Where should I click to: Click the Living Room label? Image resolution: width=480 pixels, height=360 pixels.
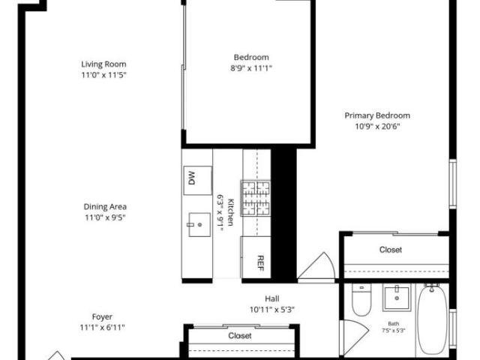point(103,64)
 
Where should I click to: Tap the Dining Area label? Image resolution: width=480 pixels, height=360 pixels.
point(105,207)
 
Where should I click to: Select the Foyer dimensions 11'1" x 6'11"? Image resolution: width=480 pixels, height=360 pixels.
point(102,328)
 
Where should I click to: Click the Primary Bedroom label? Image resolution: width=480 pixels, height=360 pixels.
point(377,115)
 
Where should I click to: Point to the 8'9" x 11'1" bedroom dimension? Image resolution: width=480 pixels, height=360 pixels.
point(251,68)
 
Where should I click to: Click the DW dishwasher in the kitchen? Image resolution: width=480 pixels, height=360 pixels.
point(198,180)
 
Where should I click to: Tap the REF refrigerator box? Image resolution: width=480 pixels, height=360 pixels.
point(256,257)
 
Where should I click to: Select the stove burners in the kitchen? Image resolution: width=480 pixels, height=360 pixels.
point(256,198)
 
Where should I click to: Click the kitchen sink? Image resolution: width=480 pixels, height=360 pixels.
point(199,225)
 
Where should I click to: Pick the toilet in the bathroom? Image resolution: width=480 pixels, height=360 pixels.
point(361,299)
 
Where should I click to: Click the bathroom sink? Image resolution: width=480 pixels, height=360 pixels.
point(397,298)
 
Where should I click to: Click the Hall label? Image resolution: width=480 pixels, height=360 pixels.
point(271,298)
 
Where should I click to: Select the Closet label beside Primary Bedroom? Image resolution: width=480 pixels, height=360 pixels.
point(391,250)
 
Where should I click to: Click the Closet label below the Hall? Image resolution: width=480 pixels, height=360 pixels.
point(240,336)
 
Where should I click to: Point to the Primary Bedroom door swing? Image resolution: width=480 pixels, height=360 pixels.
point(316,265)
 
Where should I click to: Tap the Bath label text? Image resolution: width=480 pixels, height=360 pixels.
point(393,323)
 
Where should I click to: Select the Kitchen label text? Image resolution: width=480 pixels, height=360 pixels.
point(230,212)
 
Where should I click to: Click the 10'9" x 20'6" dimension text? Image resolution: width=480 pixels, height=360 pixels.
point(377,127)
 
